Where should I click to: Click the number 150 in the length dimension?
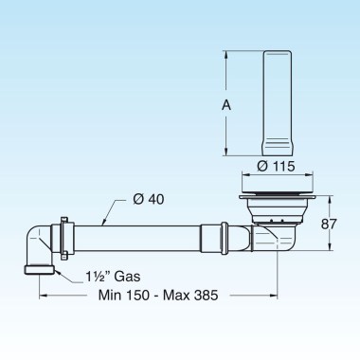147,296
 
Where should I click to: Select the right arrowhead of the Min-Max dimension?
275,296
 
